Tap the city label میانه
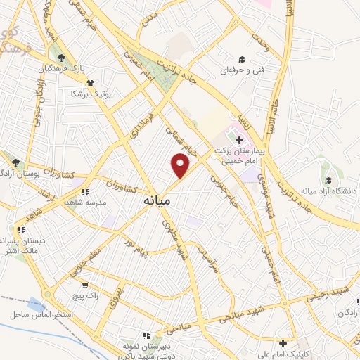pos(157,200)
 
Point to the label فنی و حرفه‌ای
pos(242,71)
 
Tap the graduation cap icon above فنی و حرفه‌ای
pos(242,59)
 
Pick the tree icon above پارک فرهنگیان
pos(61,58)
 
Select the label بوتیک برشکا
pos(89,93)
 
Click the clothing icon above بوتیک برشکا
pos(89,82)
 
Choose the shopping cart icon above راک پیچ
pos(85,285)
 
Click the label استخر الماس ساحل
pos(42,314)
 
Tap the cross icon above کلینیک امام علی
pos(283,343)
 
